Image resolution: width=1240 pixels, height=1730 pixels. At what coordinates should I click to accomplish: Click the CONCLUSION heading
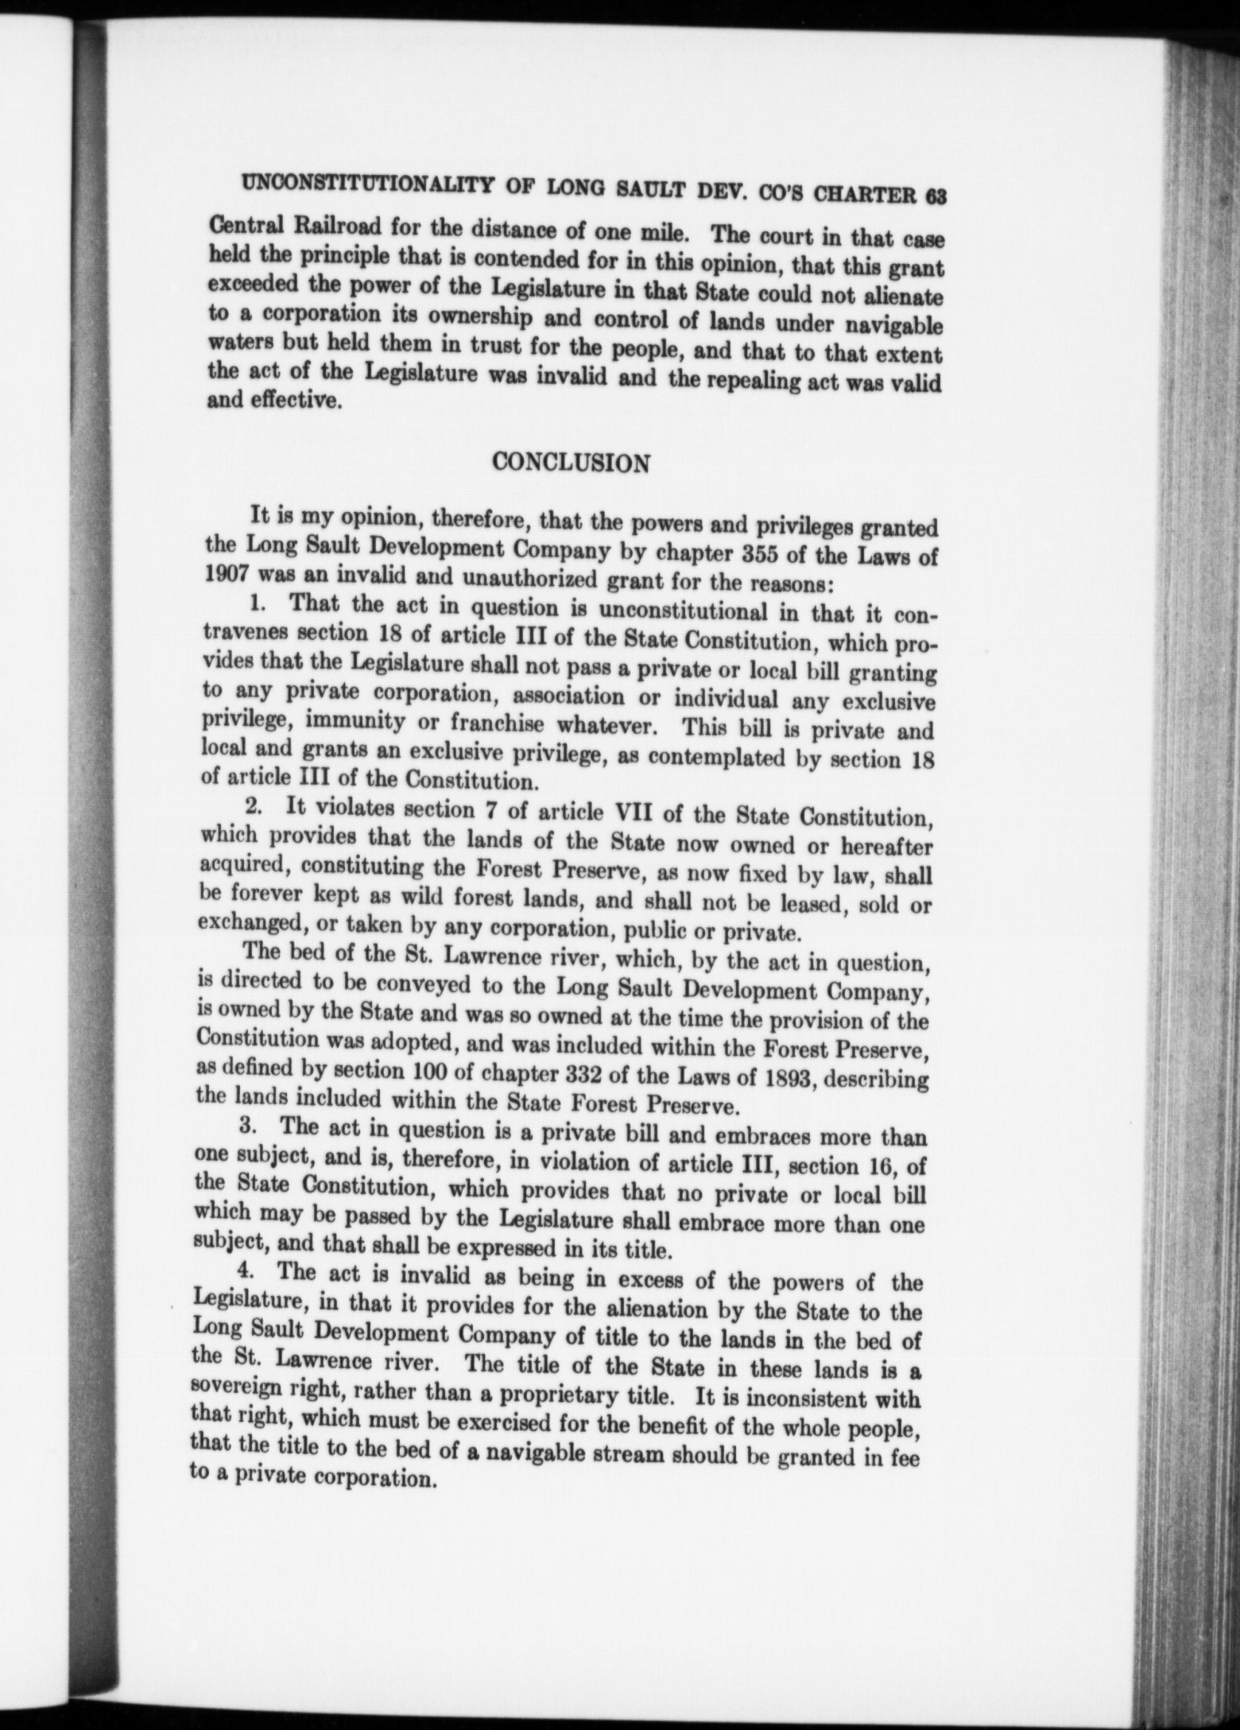click(571, 463)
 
